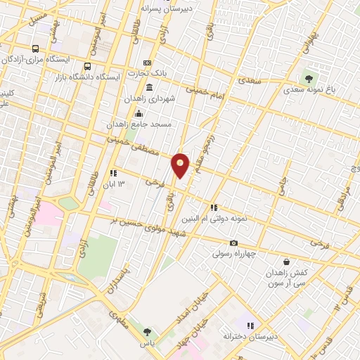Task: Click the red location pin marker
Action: click(x=181, y=165)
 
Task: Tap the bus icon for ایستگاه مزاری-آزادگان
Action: click(x=35, y=49)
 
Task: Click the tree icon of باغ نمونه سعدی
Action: click(x=308, y=78)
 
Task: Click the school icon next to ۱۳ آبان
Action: click(x=112, y=173)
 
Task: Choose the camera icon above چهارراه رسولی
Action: click(x=233, y=243)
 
